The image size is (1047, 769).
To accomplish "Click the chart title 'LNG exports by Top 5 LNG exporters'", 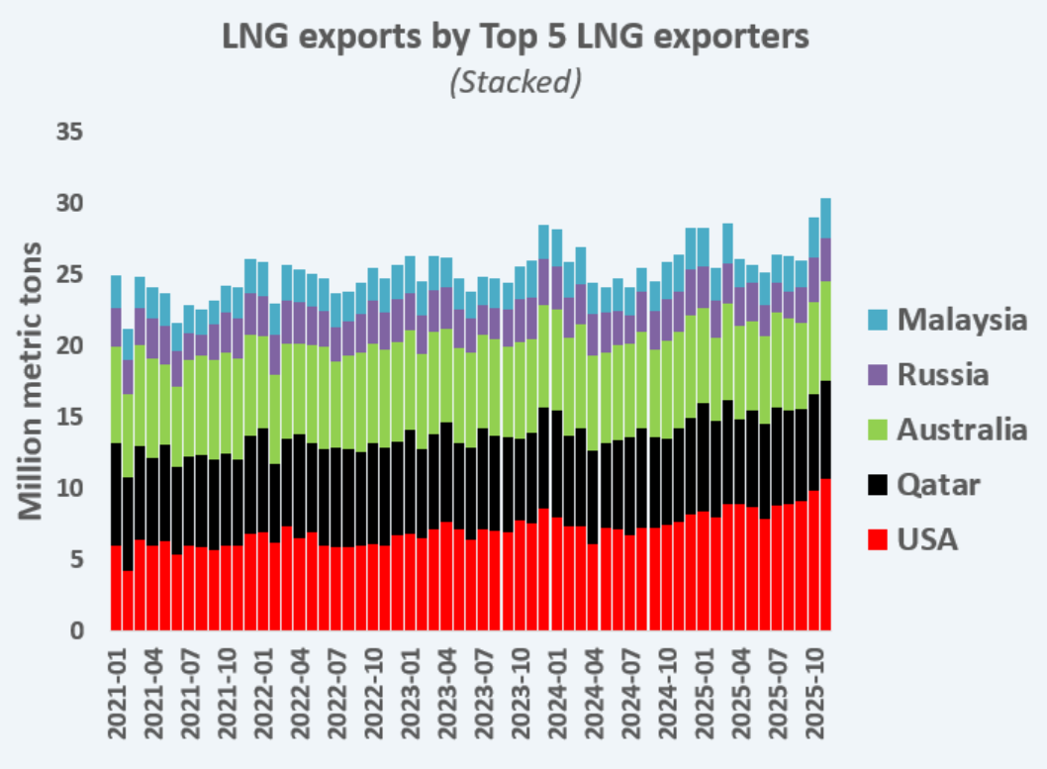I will (x=516, y=37).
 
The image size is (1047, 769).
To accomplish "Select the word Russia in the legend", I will (x=943, y=375).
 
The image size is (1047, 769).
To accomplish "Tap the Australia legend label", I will (x=962, y=430).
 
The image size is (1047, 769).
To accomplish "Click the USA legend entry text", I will (x=928, y=539).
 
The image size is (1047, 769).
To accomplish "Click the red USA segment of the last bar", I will (x=825, y=554).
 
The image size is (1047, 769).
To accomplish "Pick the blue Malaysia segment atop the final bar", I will (x=825, y=218).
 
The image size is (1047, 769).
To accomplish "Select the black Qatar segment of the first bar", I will (x=116, y=494).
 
